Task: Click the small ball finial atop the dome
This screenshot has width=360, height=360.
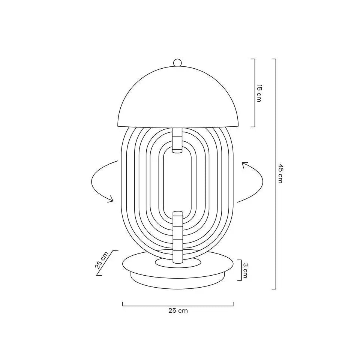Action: click(x=177, y=63)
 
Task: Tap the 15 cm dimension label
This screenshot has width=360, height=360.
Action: click(x=259, y=93)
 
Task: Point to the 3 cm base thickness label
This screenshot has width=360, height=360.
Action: click(x=245, y=270)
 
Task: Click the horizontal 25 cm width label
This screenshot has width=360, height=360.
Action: click(x=178, y=310)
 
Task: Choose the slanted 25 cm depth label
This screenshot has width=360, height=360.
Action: click(x=101, y=260)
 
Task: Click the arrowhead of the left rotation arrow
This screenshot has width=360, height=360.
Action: click(x=111, y=199)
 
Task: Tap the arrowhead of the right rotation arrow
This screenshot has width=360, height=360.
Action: click(x=244, y=165)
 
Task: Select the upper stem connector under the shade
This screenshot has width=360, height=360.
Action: click(x=177, y=140)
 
